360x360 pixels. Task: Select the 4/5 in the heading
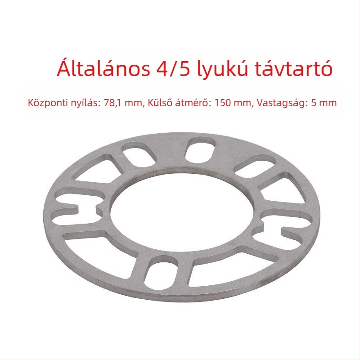pos(173,69)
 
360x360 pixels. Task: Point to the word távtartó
pos(294,68)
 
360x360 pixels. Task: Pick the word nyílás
pos(83,103)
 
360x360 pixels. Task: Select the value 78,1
pos(113,103)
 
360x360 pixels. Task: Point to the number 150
pos(222,103)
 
